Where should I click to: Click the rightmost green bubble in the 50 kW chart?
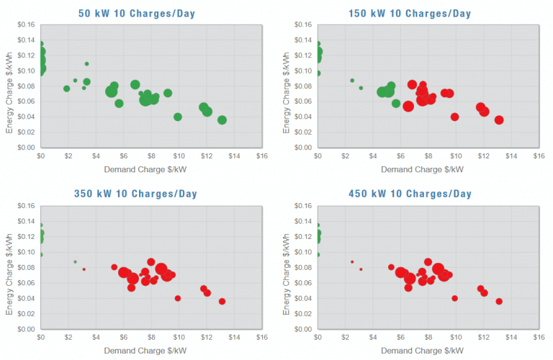point(222,120)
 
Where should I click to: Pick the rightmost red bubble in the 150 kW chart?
point(499,120)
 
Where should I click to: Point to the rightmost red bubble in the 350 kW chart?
point(222,302)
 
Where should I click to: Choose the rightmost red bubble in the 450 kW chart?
point(499,302)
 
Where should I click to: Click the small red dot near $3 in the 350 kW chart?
point(84,269)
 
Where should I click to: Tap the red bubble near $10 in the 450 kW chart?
point(454,298)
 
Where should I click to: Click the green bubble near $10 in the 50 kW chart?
point(178,117)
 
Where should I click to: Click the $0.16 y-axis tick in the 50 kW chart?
point(24,24)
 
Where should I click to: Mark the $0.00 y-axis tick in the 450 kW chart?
point(300,329)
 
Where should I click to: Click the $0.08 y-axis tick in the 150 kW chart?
point(300,86)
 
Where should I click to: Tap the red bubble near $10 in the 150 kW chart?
point(454,117)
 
